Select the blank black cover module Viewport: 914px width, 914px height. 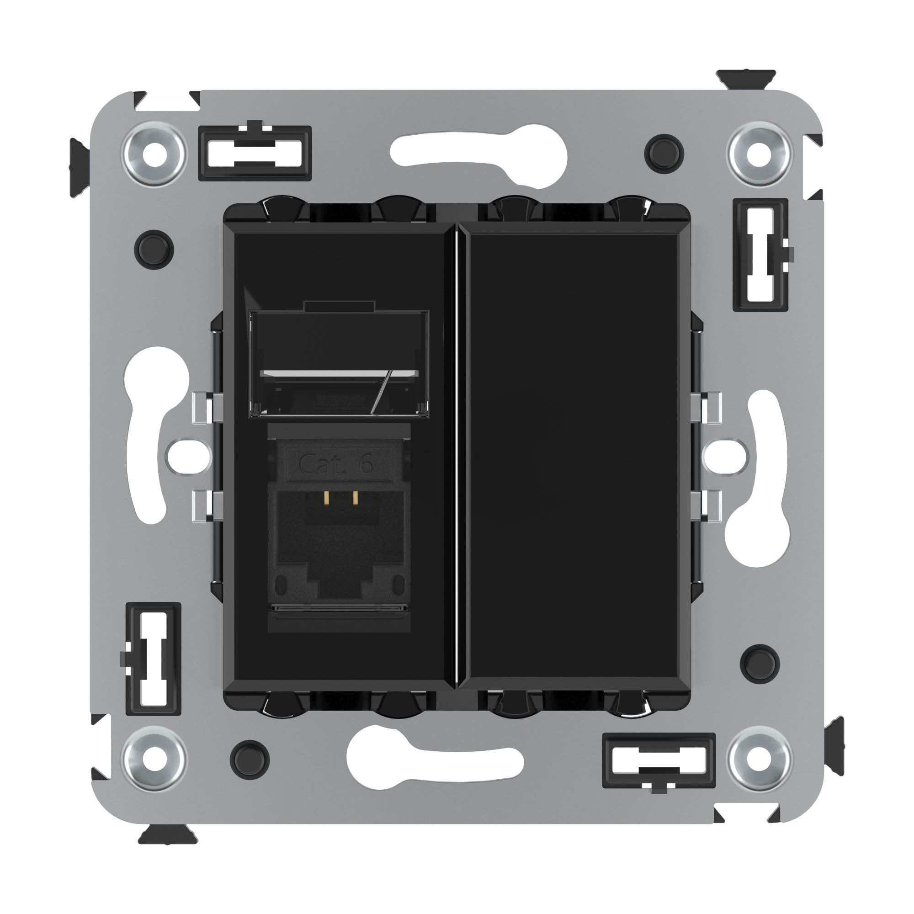[573, 455]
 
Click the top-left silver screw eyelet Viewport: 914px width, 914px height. [154, 154]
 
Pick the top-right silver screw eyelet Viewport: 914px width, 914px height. [760, 154]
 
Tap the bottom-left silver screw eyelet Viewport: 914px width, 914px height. [154, 759]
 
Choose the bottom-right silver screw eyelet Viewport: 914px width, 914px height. [760, 759]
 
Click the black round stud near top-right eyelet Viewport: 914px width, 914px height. [664, 154]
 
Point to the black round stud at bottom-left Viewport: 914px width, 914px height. [250, 759]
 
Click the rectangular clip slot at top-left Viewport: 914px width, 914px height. [255, 153]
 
